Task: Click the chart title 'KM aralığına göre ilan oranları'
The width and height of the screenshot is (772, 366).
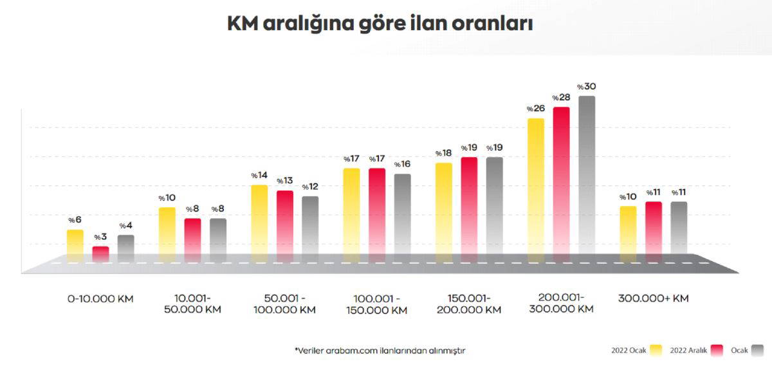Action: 380,24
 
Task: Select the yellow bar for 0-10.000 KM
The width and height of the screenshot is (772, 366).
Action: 75,244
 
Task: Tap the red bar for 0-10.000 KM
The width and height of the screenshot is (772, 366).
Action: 100,253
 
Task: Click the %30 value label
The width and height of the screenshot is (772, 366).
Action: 586,87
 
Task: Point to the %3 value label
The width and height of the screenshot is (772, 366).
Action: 100,237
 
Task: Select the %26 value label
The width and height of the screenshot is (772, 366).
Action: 535,109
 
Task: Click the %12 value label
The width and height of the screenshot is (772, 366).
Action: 310,187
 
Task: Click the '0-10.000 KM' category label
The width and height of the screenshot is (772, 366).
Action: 100,298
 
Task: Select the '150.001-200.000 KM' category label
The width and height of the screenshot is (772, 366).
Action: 468,304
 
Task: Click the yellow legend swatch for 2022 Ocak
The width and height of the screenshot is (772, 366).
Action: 656,350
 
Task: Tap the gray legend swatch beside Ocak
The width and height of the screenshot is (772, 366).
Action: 758,350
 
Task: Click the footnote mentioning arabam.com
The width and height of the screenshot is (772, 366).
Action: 380,351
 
